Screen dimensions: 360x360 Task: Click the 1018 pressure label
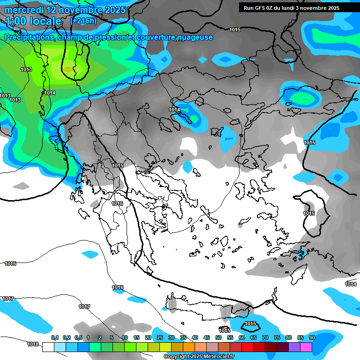coord(32,344)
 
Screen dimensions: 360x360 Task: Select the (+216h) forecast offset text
coord(83,21)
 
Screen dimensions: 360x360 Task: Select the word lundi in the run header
coord(293,8)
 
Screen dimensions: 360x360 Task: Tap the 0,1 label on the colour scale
coord(55,338)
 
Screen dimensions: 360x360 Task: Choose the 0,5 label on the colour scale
coord(78,338)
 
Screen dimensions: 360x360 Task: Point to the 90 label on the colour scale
coord(312,338)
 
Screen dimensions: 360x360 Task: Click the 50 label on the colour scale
coord(218,338)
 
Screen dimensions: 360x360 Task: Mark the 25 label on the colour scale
coord(160,338)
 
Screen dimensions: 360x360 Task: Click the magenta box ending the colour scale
coord(306,347)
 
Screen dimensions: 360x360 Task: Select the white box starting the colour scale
coord(48,347)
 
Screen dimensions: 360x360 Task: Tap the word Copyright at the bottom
coord(177,357)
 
